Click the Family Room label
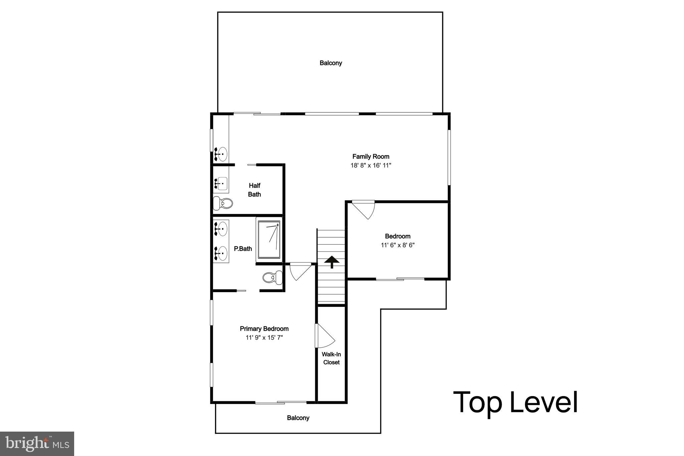point(371,156)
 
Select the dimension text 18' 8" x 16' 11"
point(371,165)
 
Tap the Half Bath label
point(254,190)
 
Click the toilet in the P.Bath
point(273,277)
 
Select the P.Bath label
point(243,249)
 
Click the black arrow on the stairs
point(332,262)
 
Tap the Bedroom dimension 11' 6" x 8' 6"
point(397,245)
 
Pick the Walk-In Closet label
point(331,358)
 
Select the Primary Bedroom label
point(264,329)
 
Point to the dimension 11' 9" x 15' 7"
point(264,338)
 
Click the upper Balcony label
point(331,63)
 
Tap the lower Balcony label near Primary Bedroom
point(298,418)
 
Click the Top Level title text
point(515,403)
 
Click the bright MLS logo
point(37,444)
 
